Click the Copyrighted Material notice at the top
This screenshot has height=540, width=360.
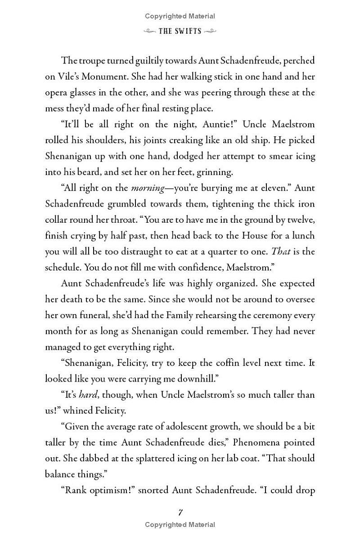[x=180, y=16]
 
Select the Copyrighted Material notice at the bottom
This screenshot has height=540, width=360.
[x=180, y=524]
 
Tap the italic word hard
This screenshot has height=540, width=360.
[x=88, y=395]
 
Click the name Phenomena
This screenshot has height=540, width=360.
[x=255, y=442]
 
